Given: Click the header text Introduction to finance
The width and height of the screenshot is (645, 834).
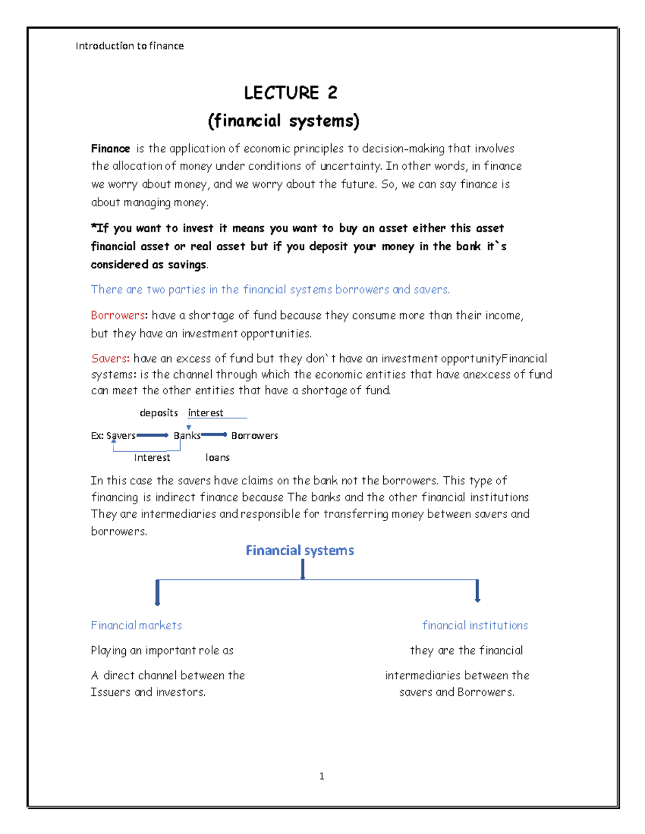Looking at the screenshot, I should click(130, 46).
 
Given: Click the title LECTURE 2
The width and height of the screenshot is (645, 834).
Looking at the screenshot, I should click(290, 93).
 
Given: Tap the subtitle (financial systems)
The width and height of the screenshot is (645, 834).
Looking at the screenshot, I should click(283, 121).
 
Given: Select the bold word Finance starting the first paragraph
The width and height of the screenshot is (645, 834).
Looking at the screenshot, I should click(110, 149).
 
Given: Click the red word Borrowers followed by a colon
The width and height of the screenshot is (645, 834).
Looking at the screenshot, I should click(118, 315).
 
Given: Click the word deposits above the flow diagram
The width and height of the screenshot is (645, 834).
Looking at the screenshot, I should click(159, 413).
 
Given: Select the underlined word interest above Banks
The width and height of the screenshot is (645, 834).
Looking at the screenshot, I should click(205, 413).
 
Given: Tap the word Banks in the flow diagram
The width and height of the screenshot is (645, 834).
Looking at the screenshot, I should click(187, 436).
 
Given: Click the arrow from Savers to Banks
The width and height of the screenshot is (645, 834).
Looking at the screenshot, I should click(153, 435).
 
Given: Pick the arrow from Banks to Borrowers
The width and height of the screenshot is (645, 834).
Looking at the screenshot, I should click(214, 434).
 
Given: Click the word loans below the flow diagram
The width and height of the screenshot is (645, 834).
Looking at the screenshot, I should click(217, 458).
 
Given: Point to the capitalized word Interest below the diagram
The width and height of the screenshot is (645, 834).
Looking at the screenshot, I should click(152, 458).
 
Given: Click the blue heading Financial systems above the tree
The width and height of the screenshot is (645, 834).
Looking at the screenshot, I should click(299, 550).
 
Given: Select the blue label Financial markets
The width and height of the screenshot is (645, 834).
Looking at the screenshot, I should click(136, 626).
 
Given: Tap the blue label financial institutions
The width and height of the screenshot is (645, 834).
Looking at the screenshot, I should click(475, 626).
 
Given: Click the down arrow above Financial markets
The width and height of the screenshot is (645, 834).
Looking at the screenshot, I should click(157, 592).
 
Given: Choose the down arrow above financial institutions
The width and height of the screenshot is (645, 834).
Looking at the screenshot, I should click(477, 591).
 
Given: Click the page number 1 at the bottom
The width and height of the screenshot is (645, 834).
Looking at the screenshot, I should click(321, 776).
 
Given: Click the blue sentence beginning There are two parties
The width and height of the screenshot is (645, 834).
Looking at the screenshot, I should click(270, 290).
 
